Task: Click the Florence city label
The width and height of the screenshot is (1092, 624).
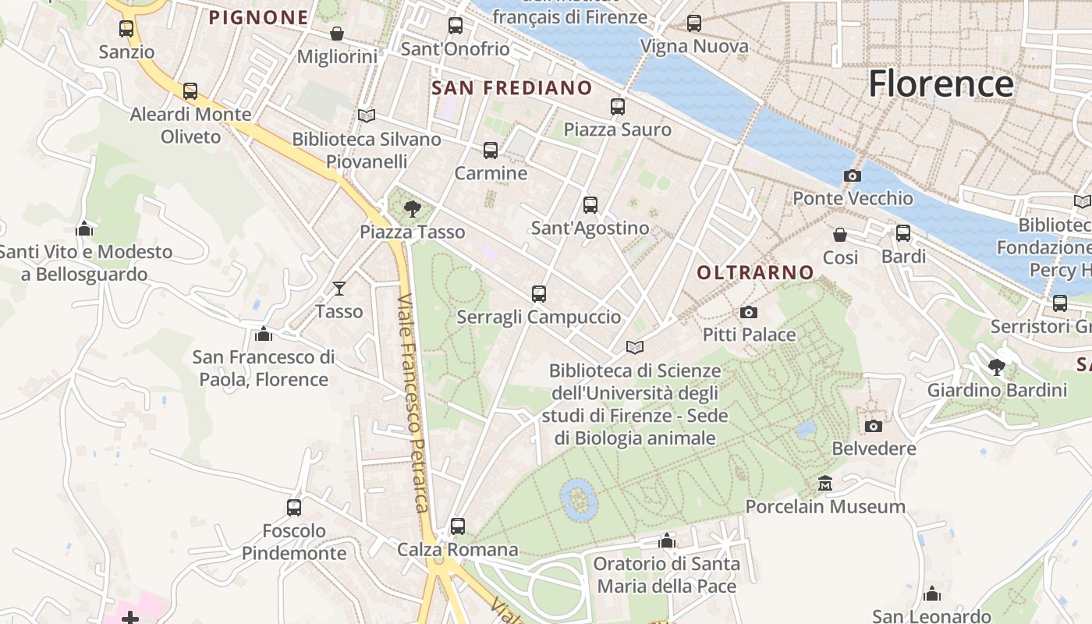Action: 941,84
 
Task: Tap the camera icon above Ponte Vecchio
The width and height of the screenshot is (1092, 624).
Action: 852,176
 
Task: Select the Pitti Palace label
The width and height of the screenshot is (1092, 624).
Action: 749,335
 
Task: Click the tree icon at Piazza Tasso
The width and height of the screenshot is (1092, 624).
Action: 412,208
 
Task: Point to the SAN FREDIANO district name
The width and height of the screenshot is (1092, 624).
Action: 512,88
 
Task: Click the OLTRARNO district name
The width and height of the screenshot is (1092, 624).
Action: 755,272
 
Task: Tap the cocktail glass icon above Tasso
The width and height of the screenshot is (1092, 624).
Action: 339,289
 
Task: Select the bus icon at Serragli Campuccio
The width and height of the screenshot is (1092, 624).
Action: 538,294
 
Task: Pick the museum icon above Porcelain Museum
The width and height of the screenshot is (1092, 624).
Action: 824,484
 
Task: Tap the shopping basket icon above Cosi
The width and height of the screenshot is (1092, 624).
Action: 840,235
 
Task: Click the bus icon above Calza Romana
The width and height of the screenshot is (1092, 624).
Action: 457,526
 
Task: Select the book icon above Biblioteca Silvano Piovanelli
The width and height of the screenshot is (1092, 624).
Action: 366,116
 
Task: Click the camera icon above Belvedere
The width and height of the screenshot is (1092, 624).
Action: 873,426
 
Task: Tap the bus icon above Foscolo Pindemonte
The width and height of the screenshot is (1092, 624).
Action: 293,508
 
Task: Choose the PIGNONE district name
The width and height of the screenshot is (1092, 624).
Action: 258,18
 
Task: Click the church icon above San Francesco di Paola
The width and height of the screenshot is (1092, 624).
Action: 264,335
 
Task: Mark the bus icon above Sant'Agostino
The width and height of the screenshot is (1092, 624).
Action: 590,205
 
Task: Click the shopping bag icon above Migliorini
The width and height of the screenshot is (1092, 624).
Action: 337,34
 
